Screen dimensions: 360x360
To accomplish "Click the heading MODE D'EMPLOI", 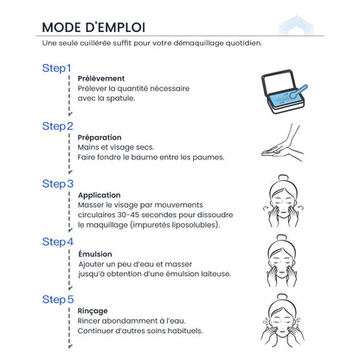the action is pos(93,28).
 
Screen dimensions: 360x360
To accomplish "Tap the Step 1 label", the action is pos(56,68).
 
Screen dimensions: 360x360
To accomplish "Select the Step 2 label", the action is pos(58,126).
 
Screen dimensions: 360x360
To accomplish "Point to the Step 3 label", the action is pos(58,183).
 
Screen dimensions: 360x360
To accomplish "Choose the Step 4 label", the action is pos(58,241).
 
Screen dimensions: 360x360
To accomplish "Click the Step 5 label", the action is pos(58,299).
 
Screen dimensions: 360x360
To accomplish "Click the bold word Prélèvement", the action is pos(101,79).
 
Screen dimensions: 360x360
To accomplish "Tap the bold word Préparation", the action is pos(100,138).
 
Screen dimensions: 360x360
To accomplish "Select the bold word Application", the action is pos(100,196).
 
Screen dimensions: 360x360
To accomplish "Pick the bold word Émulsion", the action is pos(95,254).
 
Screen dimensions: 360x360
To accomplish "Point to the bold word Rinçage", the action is pos(93,311).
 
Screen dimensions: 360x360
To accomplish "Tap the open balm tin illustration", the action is pos(284,92).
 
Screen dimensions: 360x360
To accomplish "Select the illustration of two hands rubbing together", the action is pos(282,143).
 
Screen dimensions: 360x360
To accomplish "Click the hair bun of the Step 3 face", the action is pos(283,178).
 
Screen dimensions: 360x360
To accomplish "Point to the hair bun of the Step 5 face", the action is pos(282,297).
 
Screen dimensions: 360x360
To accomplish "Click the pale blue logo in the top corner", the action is pos(297,25).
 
